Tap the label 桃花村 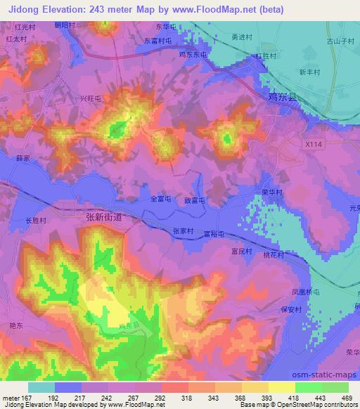pyautogui.click(x=274, y=256)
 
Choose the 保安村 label pyautogui.click(x=290, y=309)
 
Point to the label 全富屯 pyautogui.click(x=162, y=200)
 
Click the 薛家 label pyautogui.click(x=22, y=159)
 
